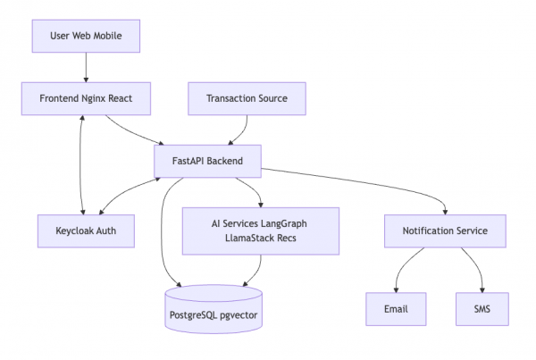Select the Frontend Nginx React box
(86, 98)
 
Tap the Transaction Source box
(246, 98)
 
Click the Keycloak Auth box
(86, 230)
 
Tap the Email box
(396, 309)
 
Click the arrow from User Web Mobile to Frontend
(86, 68)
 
